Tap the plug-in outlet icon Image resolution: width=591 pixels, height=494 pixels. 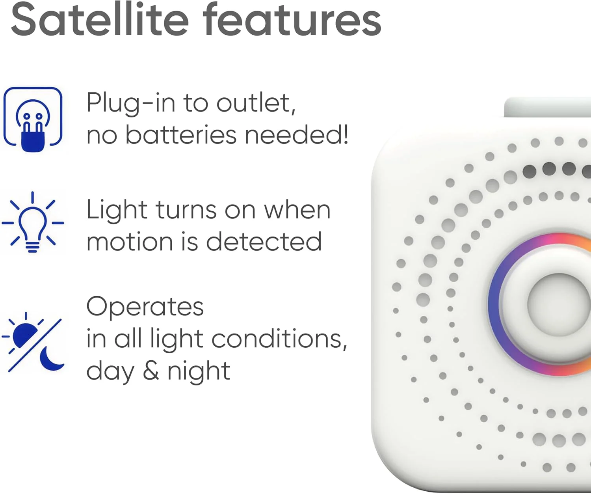click(x=33, y=119)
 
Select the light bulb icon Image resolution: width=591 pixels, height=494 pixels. click(x=33, y=222)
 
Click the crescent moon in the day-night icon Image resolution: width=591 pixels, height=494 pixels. click(x=51, y=359)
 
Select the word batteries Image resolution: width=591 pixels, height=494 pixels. click(x=181, y=135)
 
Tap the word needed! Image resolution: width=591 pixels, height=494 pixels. click(x=296, y=135)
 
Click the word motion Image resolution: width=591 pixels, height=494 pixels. click(x=130, y=242)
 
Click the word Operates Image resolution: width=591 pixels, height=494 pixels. click(x=145, y=308)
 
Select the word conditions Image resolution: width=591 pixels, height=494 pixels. click(x=279, y=339)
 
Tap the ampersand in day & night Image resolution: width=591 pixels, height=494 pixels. click(x=151, y=371)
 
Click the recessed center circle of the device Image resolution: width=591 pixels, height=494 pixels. click(x=559, y=304)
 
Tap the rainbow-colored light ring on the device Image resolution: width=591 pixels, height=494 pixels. click(x=493, y=304)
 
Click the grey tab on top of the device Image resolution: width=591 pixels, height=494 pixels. click(x=547, y=107)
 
